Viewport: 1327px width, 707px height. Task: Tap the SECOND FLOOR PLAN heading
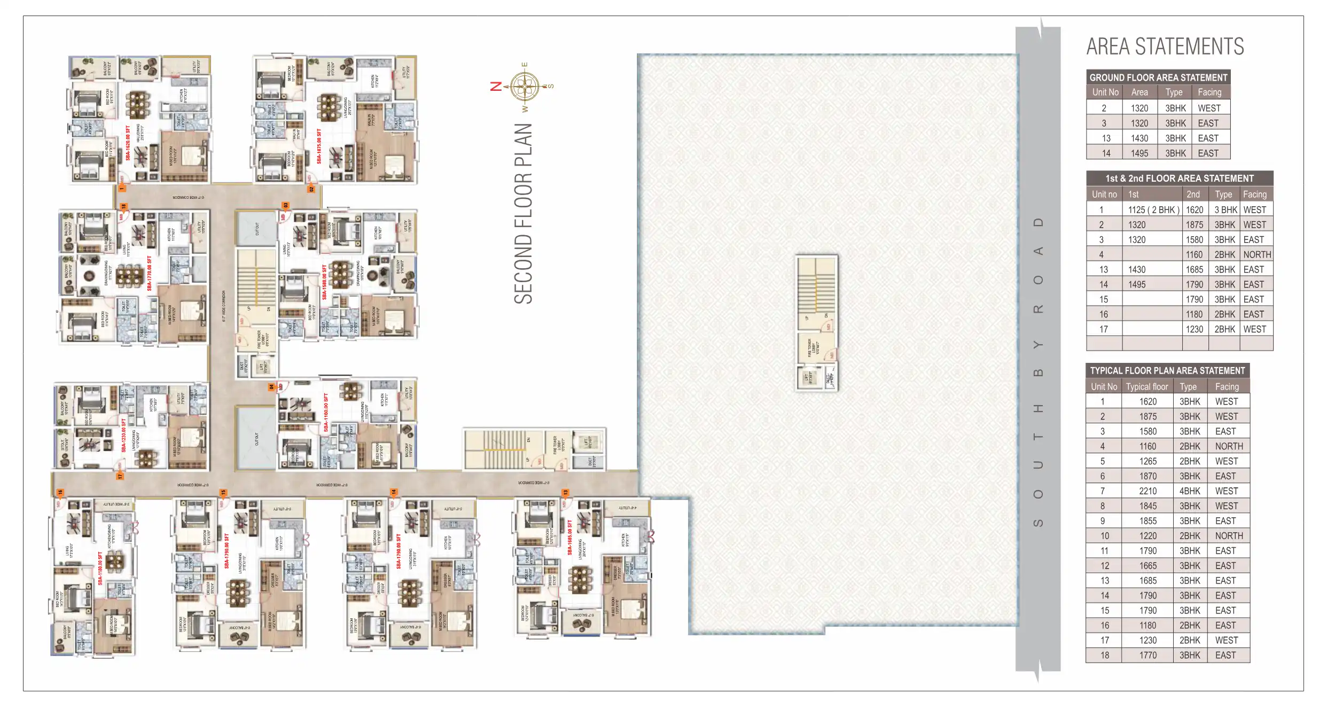(x=524, y=214)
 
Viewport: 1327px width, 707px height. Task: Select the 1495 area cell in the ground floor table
(x=1139, y=153)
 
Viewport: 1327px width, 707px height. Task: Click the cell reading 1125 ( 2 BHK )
(x=1153, y=210)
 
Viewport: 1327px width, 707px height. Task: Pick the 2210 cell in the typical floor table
(x=1148, y=491)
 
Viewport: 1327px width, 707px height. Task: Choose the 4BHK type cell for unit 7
(x=1190, y=491)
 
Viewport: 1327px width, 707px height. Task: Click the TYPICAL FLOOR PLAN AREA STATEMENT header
(x=1167, y=371)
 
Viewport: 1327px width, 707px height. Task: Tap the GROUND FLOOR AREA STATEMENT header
(x=1158, y=77)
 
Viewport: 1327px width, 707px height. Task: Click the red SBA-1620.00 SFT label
(x=128, y=143)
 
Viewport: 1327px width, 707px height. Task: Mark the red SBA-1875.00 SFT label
(x=319, y=146)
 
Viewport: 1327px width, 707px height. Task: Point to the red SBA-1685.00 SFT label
(x=569, y=538)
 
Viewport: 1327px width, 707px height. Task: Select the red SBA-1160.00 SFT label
(x=326, y=413)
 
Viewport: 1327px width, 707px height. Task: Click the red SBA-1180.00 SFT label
(x=100, y=569)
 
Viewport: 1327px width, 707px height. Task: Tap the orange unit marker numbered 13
(x=565, y=493)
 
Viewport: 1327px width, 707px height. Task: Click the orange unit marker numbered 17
(x=120, y=475)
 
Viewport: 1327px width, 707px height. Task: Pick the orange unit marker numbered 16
(x=60, y=493)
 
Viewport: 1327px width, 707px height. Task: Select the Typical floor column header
(x=1147, y=386)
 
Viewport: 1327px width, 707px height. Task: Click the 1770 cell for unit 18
(x=1148, y=655)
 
